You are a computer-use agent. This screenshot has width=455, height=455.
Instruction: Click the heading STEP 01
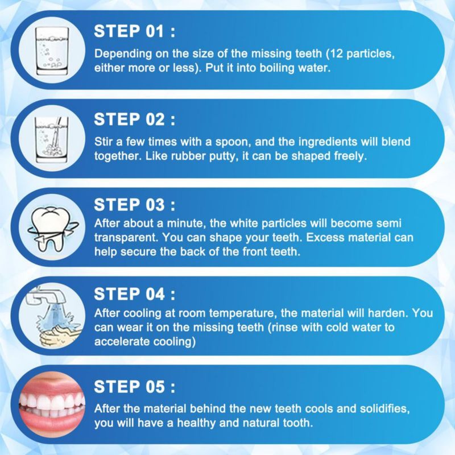coord(135,31)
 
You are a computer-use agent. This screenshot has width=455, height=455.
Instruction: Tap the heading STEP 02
coord(135,119)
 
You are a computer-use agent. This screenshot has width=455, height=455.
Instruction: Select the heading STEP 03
coord(135,205)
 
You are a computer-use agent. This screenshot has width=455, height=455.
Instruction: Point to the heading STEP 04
coord(135,294)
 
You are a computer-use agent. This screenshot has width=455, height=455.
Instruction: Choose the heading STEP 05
coord(135,387)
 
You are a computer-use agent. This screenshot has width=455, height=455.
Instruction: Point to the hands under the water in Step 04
coord(58,337)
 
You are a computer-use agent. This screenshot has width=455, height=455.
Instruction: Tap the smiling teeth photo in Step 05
coord(52,405)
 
